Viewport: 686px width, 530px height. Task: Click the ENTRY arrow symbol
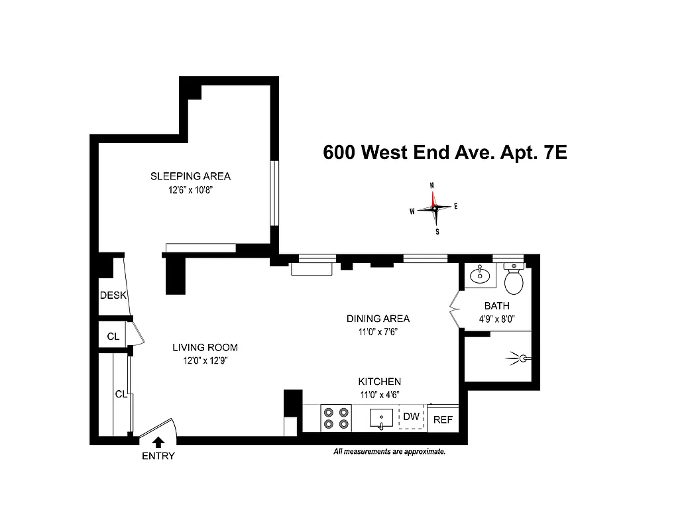(158, 442)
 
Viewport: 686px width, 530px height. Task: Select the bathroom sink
(479, 274)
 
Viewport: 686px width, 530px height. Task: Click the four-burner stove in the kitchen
(335, 419)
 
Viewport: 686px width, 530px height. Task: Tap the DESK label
(113, 295)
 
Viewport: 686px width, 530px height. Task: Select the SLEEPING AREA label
(190, 176)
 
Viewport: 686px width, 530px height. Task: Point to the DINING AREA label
(378, 319)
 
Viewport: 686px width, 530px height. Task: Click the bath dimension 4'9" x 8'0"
(496, 319)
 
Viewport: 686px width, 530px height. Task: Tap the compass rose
(434, 208)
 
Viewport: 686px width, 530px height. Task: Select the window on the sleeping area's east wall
(273, 193)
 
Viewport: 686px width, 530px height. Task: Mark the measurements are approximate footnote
(389, 452)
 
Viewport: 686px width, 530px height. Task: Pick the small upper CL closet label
(113, 337)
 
